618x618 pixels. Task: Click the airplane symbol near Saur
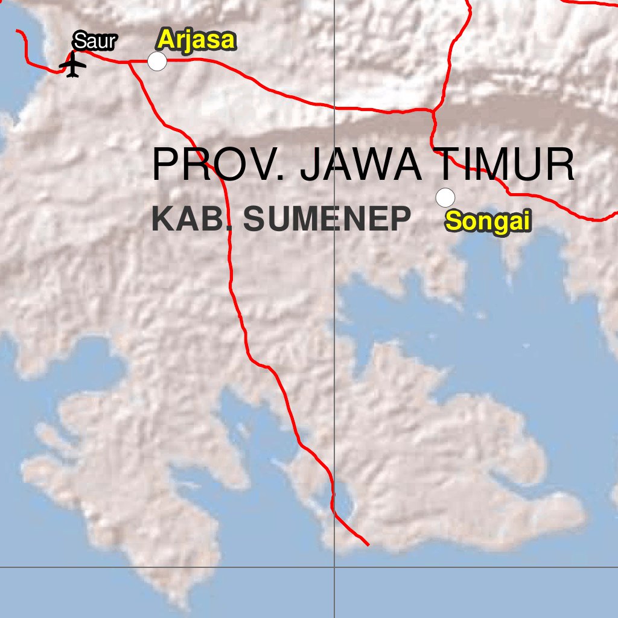point(73,65)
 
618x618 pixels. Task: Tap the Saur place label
point(94,42)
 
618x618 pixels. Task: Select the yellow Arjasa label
point(196,40)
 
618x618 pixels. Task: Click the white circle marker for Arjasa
point(158,61)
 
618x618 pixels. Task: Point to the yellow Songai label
point(488,221)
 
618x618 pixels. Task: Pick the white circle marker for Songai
point(445,197)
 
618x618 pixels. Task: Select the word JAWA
point(361,164)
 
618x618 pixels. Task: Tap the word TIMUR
point(506,164)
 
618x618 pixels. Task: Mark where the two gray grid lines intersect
point(335,567)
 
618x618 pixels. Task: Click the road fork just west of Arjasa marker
point(129,62)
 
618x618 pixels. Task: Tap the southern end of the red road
point(368,544)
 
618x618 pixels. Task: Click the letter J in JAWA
point(314,164)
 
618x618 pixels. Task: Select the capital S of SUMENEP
point(255,219)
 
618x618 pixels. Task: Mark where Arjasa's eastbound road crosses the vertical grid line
point(335,108)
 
